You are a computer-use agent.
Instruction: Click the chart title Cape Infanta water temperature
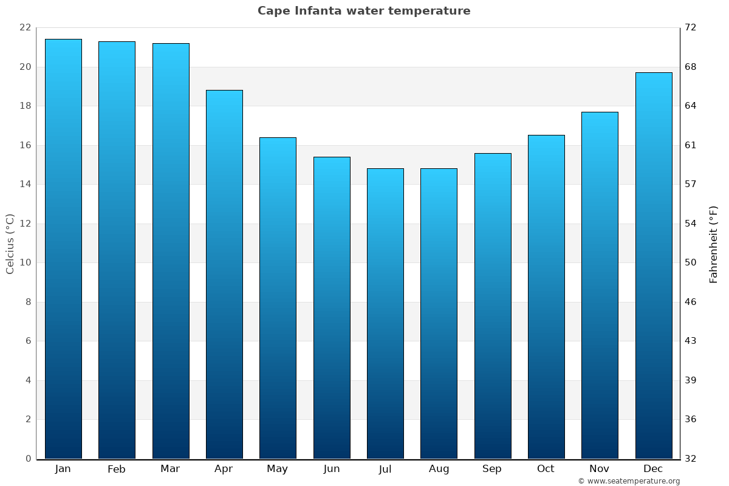click(364, 11)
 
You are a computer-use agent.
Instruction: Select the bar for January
click(63, 249)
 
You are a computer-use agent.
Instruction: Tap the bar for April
click(224, 275)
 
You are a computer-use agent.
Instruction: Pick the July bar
click(385, 313)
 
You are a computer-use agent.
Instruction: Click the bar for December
click(654, 265)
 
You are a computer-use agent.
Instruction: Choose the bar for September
click(493, 306)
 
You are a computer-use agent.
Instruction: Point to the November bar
click(600, 286)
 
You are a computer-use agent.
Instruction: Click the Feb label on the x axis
click(116, 469)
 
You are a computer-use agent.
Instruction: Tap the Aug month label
click(439, 469)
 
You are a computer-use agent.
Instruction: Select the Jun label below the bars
click(332, 469)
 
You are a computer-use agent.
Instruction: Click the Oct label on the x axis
click(546, 469)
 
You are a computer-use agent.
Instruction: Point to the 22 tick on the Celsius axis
click(25, 28)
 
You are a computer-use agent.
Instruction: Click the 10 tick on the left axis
click(25, 263)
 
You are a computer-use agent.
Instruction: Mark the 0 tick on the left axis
click(28, 459)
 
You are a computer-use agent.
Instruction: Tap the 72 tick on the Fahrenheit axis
click(691, 28)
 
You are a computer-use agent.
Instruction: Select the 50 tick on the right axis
click(691, 263)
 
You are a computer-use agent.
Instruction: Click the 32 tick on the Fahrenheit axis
click(691, 459)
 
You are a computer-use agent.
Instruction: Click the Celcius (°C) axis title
click(10, 244)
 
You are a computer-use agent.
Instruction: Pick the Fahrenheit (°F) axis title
click(713, 244)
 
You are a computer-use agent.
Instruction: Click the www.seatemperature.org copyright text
click(629, 481)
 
